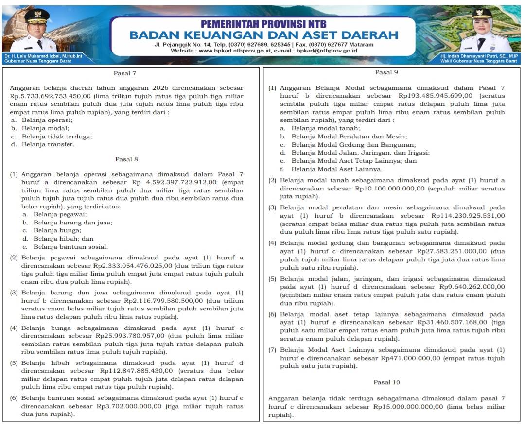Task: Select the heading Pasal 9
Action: tap(387, 72)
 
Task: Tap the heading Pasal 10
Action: tap(387, 382)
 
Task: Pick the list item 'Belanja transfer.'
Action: tap(48, 144)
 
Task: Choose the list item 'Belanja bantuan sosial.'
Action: tap(70, 247)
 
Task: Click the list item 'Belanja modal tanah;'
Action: tap(326, 128)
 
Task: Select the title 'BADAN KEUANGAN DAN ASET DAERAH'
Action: tap(263, 35)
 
